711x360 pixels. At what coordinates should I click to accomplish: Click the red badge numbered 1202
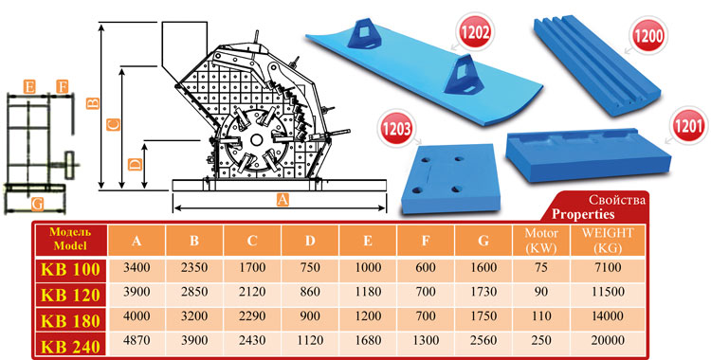point(476,32)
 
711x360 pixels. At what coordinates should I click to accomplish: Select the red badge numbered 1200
point(648,35)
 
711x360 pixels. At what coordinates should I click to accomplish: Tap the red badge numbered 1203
point(396,129)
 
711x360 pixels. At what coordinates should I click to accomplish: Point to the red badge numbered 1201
point(688,126)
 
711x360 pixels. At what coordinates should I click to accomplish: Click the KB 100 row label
point(71,269)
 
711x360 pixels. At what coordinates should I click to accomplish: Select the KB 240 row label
point(71,347)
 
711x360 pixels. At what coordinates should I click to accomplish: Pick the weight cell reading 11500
point(608,292)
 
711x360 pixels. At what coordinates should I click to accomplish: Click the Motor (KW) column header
point(541,241)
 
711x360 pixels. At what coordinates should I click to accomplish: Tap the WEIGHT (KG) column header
point(608,241)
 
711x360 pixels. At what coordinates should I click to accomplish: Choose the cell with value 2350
point(194,267)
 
